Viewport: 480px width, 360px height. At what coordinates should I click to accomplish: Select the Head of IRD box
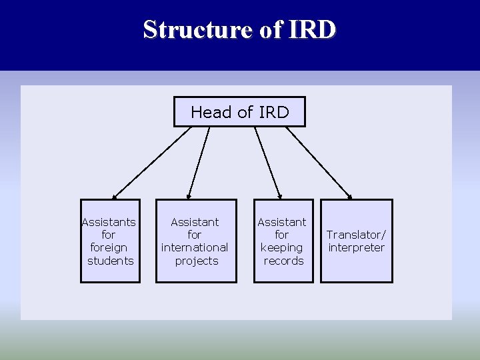point(239,112)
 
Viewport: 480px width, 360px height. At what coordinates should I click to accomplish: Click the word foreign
point(108,248)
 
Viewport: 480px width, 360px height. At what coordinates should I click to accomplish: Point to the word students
point(111,261)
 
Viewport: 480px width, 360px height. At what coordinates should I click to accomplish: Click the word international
point(195,247)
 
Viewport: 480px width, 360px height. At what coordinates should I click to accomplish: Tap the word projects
point(197,261)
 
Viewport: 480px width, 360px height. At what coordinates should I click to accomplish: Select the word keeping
point(281,248)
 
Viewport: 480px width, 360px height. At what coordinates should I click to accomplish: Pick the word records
point(283,261)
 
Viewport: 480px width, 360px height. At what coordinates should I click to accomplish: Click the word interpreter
point(357,248)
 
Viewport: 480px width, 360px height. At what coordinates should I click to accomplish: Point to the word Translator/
point(356,235)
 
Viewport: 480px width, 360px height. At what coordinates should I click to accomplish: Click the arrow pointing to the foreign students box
point(152,163)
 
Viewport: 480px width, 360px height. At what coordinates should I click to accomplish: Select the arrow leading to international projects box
point(199,163)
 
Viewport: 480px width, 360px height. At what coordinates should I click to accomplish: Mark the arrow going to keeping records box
point(269,163)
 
